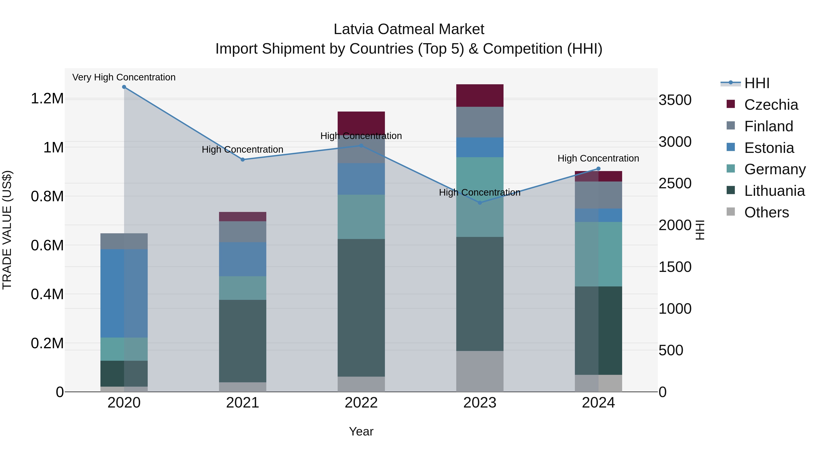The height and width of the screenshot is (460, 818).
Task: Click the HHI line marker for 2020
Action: coord(124,87)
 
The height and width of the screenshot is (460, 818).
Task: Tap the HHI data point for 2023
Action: coord(480,203)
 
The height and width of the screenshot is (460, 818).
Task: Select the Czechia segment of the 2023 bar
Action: coord(480,96)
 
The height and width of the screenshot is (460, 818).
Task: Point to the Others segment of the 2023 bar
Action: coord(480,371)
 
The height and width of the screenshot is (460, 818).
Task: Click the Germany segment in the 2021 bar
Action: coord(243,288)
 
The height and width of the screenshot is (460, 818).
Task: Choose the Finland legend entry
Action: coord(768,126)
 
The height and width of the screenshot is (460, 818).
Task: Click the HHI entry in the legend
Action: coord(756,83)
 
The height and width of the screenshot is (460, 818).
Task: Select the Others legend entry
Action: coord(766,212)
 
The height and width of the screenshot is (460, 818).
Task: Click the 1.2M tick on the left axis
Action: coord(47,99)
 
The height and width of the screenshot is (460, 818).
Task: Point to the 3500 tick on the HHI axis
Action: coord(675,100)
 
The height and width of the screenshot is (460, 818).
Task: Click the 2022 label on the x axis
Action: coord(361,403)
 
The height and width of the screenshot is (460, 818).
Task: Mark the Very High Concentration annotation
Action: coord(124,77)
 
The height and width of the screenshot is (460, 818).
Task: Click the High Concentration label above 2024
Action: coord(598,158)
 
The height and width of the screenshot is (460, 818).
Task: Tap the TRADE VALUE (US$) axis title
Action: coord(7,230)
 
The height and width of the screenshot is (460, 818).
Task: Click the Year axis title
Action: coord(361,431)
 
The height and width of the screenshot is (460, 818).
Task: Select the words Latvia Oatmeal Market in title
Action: coord(409,29)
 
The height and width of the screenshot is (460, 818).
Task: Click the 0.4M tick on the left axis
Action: coord(47,294)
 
